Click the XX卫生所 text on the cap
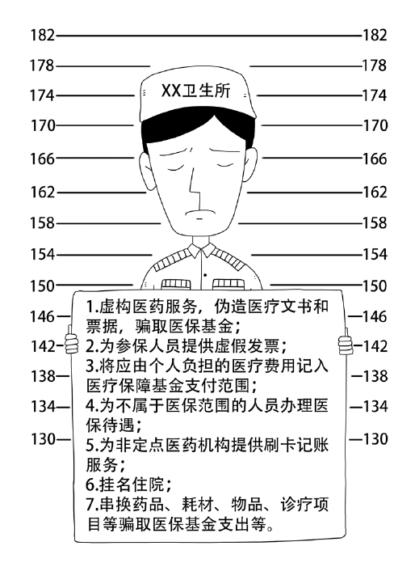(195, 91)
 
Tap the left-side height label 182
(42, 36)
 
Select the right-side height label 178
(375, 66)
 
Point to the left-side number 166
(42, 159)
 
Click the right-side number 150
(375, 286)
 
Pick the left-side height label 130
(43, 439)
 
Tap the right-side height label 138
(375, 376)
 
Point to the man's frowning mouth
(199, 212)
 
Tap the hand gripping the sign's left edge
(71, 342)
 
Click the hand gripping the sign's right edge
(346, 344)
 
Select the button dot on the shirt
(205, 275)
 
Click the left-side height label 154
(42, 255)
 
